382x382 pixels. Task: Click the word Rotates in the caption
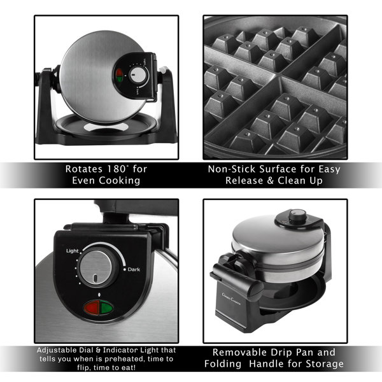point(83,170)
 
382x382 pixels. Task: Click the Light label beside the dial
point(71,251)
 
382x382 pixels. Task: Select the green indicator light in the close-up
point(106,308)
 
